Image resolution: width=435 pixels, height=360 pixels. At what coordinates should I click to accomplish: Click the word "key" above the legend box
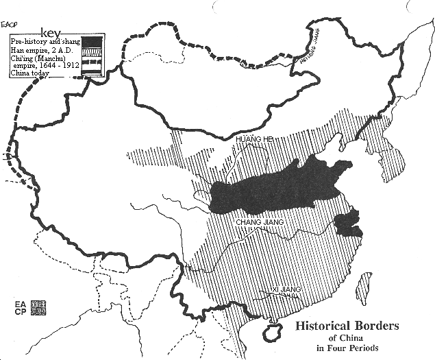pos(51,32)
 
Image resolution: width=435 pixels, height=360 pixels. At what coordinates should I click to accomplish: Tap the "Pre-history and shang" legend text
pos(45,43)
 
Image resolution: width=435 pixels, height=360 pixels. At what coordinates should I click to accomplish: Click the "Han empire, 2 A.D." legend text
pos(41,51)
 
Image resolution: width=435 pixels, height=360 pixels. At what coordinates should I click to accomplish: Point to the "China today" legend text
pos(31,74)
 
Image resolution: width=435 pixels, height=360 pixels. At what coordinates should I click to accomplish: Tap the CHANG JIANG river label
pos(259,222)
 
